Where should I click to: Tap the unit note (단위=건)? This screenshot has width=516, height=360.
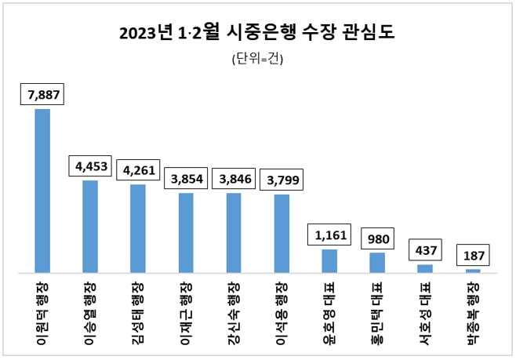pyautogui.click(x=257, y=59)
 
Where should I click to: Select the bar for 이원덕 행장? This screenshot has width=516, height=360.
pyautogui.click(x=42, y=191)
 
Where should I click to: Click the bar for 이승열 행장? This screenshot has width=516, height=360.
pyautogui.click(x=90, y=226)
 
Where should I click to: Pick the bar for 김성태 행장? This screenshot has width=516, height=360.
pyautogui.click(x=138, y=228)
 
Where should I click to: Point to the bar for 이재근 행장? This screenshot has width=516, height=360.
pyautogui.click(x=186, y=232)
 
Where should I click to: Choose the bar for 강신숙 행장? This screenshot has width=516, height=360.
pyautogui.click(x=234, y=232)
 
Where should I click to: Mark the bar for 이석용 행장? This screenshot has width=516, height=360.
pyautogui.click(x=282, y=233)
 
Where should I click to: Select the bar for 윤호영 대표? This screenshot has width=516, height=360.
pyautogui.click(x=329, y=260)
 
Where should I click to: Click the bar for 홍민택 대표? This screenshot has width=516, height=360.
pyautogui.click(x=377, y=262)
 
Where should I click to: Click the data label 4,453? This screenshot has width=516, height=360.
pyautogui.click(x=90, y=166)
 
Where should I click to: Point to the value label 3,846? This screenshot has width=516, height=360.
pyautogui.click(x=234, y=178)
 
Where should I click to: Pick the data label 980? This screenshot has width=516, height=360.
pyautogui.click(x=377, y=238)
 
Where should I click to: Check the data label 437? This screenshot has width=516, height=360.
pyautogui.click(x=425, y=250)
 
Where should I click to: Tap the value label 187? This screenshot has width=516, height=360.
pyautogui.click(x=473, y=255)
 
